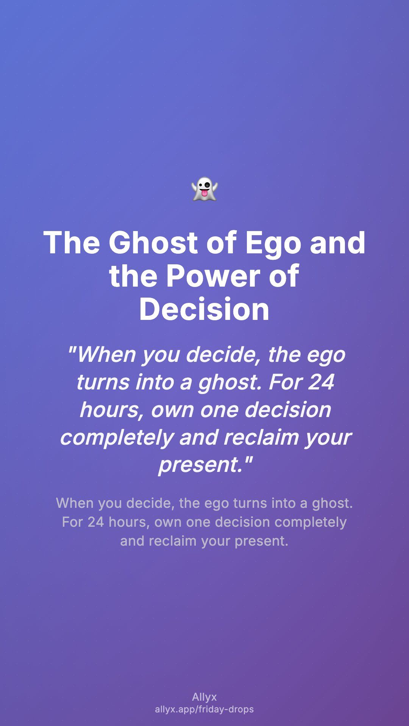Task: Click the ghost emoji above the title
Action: point(204,189)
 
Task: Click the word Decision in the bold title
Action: point(204,309)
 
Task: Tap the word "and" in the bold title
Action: point(337,242)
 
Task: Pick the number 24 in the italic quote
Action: point(321,382)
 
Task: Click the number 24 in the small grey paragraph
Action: point(96,522)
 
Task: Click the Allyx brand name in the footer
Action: point(204,697)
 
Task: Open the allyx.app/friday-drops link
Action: point(204,709)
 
